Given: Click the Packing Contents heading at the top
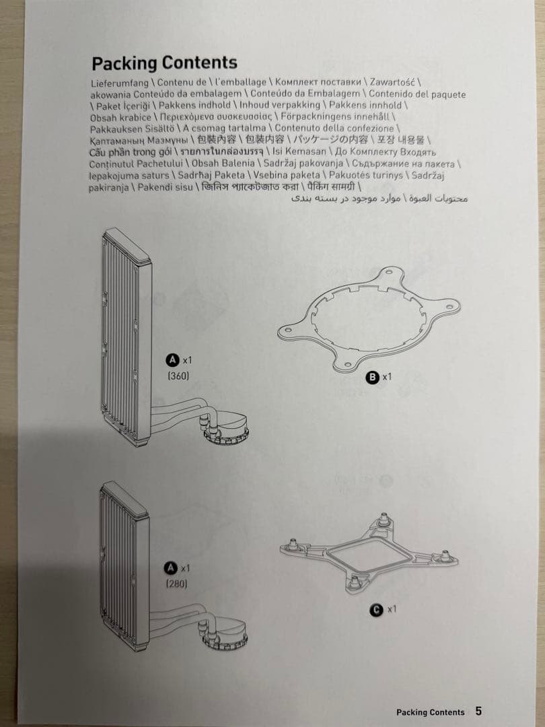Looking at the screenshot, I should [164, 63].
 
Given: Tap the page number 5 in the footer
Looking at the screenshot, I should [478, 711].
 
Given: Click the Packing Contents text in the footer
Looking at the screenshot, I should [430, 712].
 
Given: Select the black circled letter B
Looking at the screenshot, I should [372, 378].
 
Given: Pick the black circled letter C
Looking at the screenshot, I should [377, 610].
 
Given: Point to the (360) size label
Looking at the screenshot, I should [178, 376].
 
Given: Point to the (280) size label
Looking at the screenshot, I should [177, 584].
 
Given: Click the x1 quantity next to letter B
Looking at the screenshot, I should [387, 378].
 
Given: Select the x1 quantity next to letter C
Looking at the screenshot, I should [392, 610].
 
